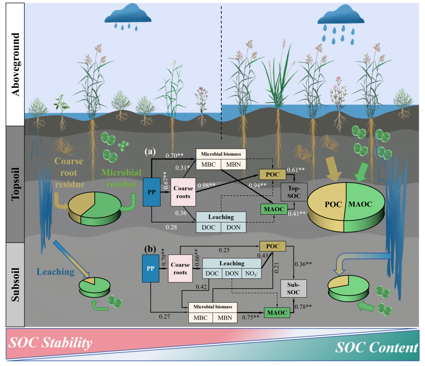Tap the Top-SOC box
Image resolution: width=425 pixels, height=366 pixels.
click(x=294, y=192)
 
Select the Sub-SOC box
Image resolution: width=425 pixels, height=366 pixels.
click(x=293, y=288)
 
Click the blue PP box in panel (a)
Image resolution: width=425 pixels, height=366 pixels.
click(x=151, y=192)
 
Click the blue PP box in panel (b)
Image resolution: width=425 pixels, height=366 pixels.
click(x=150, y=268)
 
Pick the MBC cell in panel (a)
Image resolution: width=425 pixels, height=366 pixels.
click(x=208, y=165)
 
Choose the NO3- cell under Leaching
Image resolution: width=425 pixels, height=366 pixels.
click(x=251, y=273)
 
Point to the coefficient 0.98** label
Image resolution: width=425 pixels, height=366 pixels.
click(x=206, y=185)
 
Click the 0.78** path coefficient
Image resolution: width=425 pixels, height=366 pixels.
click(x=303, y=307)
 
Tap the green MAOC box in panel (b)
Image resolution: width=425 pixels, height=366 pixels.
click(x=277, y=313)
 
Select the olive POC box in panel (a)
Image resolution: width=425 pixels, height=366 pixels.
click(x=272, y=174)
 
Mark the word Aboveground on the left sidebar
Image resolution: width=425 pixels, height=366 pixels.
click(x=16, y=64)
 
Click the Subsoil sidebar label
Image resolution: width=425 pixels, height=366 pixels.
click(x=16, y=285)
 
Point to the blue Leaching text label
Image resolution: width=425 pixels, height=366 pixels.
click(x=55, y=272)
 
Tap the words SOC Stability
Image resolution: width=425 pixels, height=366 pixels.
click(x=50, y=343)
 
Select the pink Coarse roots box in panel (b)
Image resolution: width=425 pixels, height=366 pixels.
click(x=180, y=269)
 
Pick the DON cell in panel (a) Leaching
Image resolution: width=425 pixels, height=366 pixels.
click(x=233, y=227)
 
